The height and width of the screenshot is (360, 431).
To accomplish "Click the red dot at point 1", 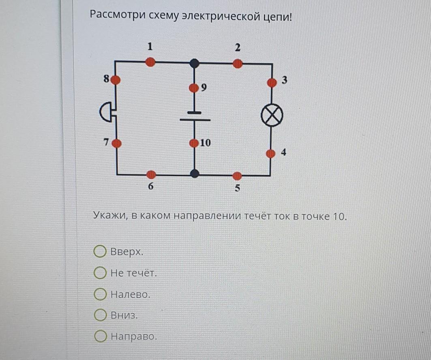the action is (x=150, y=62).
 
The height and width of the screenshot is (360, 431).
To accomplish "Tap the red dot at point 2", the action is (x=238, y=64).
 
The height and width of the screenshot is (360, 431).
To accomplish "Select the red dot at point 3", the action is (x=272, y=82).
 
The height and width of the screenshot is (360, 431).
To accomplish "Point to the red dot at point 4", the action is (x=271, y=153).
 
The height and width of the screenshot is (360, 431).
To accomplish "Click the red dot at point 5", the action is (x=237, y=176).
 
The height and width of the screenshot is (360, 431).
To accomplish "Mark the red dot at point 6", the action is (x=151, y=175).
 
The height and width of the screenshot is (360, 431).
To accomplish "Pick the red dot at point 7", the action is (x=117, y=143).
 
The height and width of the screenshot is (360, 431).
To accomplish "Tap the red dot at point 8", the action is (x=116, y=80).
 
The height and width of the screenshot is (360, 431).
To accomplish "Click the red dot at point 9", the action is (x=194, y=88).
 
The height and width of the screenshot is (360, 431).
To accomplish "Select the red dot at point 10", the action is (x=194, y=143).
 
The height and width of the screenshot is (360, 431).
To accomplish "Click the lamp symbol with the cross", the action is (x=272, y=115).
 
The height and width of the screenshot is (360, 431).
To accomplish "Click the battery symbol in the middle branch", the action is (x=195, y=116).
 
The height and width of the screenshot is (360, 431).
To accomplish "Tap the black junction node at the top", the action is (x=194, y=63).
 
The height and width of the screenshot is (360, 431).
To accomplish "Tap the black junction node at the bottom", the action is (x=195, y=173).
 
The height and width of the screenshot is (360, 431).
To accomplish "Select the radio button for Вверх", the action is (x=100, y=251).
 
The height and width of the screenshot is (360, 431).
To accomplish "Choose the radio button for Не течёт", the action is (x=100, y=272).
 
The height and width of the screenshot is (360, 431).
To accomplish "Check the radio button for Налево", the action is (x=100, y=294).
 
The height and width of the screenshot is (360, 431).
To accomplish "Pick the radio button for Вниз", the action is (x=100, y=315).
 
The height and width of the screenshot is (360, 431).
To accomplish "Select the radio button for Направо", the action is (x=100, y=336).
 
